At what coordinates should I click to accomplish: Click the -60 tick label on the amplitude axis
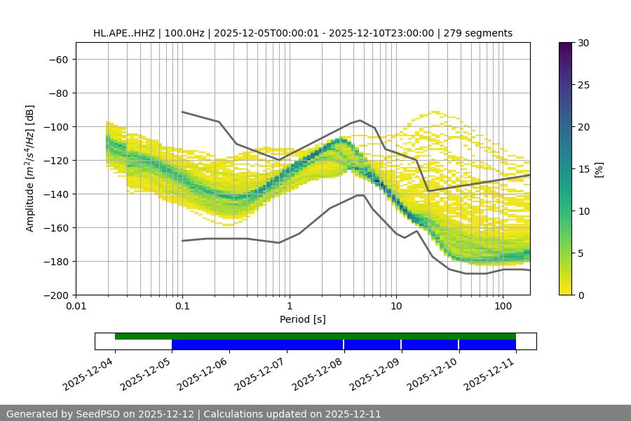57,60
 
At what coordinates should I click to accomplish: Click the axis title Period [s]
302,320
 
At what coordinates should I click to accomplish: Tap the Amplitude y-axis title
30,168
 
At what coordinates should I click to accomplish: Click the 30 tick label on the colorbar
583,43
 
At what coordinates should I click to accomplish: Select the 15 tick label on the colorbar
583,169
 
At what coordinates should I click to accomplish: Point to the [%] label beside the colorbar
598,169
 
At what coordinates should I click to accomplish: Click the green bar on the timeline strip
315,336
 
